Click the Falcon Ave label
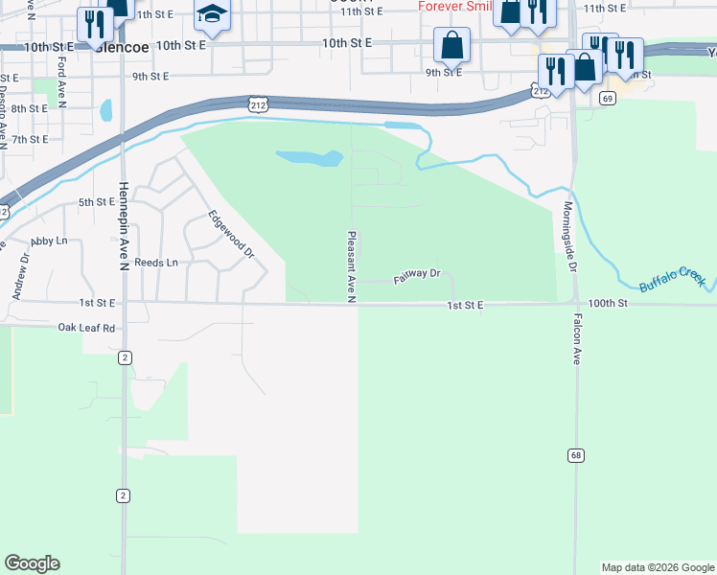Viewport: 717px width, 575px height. click(577, 340)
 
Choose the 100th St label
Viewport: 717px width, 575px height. click(607, 303)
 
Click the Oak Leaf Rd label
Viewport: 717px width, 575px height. click(86, 327)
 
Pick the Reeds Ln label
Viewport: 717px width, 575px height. click(155, 262)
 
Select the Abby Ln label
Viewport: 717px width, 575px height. click(50, 241)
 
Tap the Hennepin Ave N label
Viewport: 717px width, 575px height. click(124, 226)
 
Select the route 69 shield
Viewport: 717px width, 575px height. click(607, 98)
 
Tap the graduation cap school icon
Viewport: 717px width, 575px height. click(213, 15)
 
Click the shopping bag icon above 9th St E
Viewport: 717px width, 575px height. click(451, 44)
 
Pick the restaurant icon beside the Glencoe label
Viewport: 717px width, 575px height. click(93, 23)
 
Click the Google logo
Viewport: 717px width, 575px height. click(32, 563)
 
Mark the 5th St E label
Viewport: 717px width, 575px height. click(96, 202)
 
